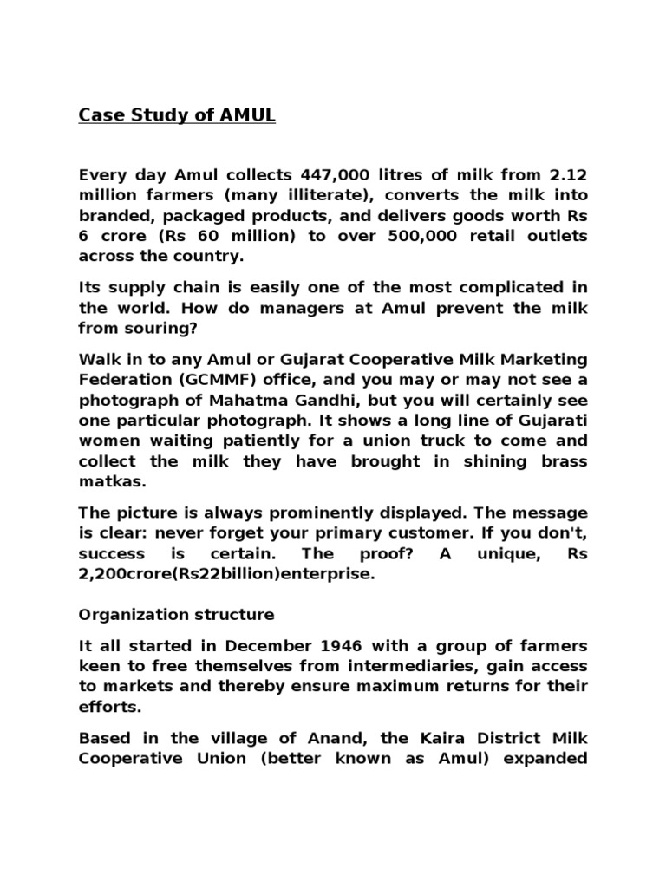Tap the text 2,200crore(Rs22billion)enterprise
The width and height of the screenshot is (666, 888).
click(x=227, y=574)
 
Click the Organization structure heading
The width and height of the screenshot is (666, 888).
click(x=176, y=615)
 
